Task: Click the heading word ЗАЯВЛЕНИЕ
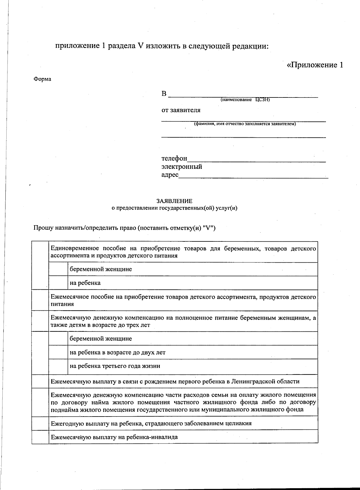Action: click(174, 201)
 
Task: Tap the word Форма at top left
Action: click(42, 79)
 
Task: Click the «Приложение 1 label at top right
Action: click(315, 65)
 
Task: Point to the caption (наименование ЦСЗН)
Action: click(245, 100)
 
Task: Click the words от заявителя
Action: click(181, 110)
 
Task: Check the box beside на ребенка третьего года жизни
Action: click(58, 366)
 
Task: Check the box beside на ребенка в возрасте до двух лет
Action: click(58, 352)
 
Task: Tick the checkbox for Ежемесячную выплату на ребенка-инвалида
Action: click(40, 437)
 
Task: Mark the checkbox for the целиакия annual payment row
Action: click(40, 423)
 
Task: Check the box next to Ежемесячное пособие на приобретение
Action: click(40, 300)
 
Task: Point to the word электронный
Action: click(182, 167)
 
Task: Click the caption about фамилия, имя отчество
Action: click(245, 124)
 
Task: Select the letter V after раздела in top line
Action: click(140, 46)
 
